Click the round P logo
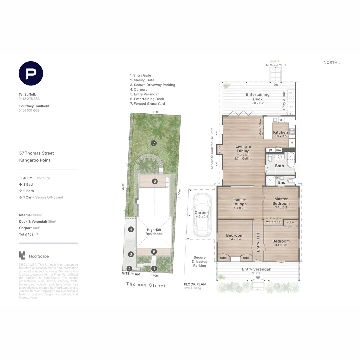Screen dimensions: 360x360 (x=31, y=73)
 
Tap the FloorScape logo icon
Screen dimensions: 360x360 (x=22, y=255)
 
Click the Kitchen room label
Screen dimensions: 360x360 (x=280, y=133)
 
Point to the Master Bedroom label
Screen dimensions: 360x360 (x=281, y=201)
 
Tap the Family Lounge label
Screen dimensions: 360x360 (x=239, y=202)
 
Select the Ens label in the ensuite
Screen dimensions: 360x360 (x=282, y=183)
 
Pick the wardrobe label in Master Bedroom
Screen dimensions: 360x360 (x=273, y=222)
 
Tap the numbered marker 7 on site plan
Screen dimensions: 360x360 (x=154, y=143)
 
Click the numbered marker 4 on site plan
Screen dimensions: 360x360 (x=131, y=229)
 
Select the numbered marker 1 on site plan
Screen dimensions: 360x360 (x=154, y=268)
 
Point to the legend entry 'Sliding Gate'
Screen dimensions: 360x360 (x=142, y=80)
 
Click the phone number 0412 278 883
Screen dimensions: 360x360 (x=29, y=99)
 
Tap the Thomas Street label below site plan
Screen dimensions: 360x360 (x=146, y=285)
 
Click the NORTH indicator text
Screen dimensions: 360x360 (x=332, y=63)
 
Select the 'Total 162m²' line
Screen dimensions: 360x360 (x=28, y=234)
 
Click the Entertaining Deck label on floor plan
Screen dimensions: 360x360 (x=258, y=97)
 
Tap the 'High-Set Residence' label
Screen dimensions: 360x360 (x=154, y=232)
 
